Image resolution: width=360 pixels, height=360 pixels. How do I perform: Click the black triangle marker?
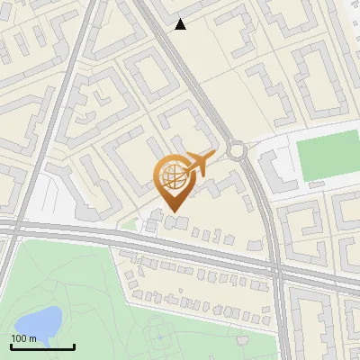181,24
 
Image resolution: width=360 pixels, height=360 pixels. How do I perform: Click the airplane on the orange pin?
198,164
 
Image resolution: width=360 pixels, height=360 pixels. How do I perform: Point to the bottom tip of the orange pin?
172,211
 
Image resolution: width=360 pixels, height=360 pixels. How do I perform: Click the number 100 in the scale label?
19,337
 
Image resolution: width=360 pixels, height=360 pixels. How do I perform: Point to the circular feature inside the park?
162,339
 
